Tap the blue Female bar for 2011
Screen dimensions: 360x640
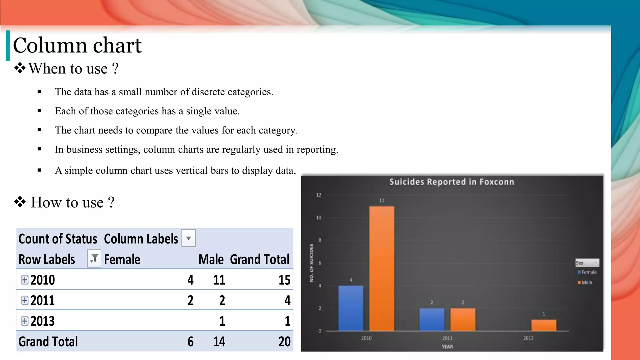pos(432,319)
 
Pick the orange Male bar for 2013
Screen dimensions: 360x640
pos(544,325)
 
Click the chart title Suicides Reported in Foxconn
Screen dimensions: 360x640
pos(452,182)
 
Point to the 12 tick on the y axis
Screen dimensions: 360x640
pos(318,195)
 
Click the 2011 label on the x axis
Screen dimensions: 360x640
pos(447,338)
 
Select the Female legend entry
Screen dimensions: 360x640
pos(587,272)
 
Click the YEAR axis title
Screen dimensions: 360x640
pos(447,347)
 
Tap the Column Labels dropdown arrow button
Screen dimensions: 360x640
pos(188,238)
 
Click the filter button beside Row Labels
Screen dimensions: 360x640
pos(94,258)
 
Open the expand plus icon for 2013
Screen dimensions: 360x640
pos(25,321)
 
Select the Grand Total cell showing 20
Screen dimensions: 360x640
pos(284,342)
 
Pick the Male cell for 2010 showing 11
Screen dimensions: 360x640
pos(219,280)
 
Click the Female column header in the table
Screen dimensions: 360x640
pos(122,259)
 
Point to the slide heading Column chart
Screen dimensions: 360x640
pos(77,45)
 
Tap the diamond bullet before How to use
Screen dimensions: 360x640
pos(20,202)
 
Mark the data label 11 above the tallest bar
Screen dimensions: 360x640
pos(382,201)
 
